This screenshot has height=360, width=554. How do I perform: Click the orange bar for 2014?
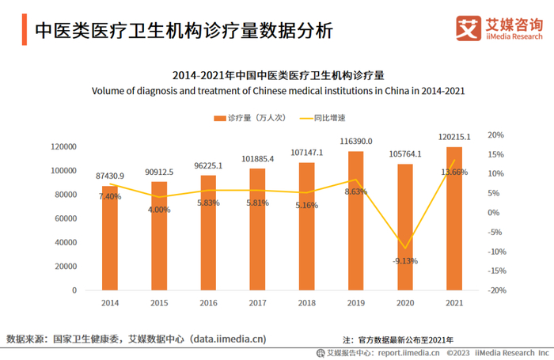coord(109,237)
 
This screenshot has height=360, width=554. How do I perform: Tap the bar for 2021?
coord(453,218)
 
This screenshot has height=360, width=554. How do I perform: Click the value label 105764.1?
coord(405,154)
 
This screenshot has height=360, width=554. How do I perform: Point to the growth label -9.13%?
coord(404,261)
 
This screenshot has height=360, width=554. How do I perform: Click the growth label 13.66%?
coord(453,172)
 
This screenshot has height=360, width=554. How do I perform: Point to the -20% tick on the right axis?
coord(495,290)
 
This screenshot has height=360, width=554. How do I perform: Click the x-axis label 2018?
coord(306,303)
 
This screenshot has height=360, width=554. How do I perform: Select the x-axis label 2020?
coord(404,303)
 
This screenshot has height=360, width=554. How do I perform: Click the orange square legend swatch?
coord(218,118)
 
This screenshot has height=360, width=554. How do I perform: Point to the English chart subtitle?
coord(278,91)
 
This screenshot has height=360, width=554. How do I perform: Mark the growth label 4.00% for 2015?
coord(159,210)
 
